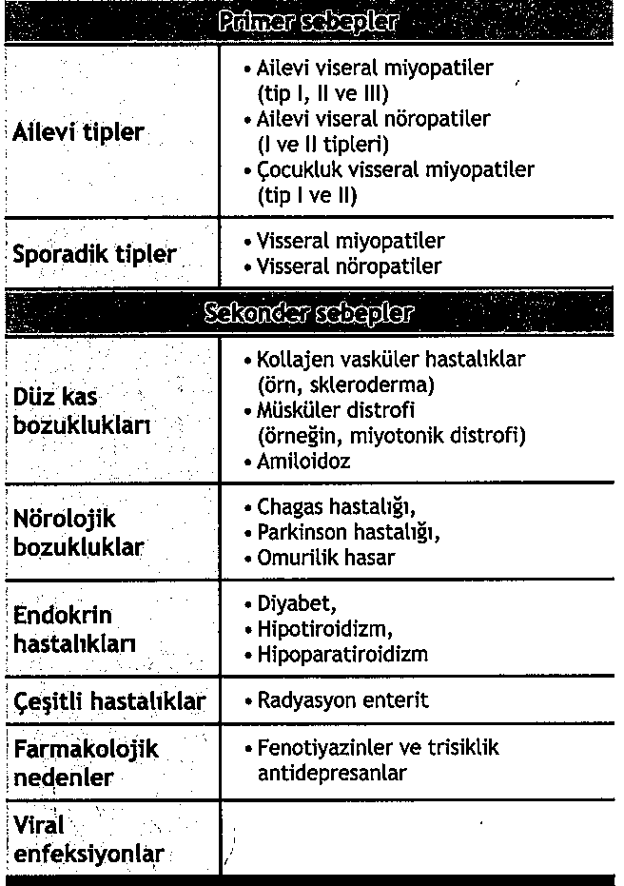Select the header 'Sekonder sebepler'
click(307, 312)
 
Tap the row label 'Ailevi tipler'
click(78, 132)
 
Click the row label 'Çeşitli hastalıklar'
click(109, 701)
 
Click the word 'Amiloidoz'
click(303, 461)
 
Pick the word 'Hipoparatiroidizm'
click(342, 655)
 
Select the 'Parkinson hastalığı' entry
click(348, 533)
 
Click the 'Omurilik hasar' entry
click(326, 558)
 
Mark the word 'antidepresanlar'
click(332, 772)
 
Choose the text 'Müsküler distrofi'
click(335, 410)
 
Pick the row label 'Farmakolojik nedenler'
click(86, 762)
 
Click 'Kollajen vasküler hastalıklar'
click(391, 361)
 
